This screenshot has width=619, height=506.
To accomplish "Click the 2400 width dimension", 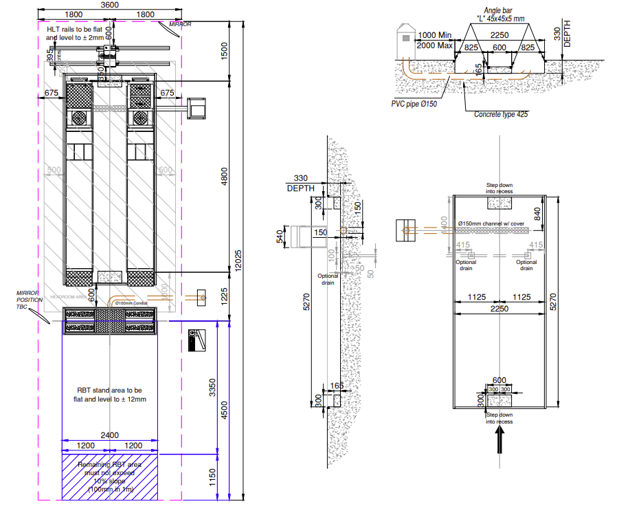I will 110,434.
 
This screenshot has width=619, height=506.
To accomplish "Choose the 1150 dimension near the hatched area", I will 213,474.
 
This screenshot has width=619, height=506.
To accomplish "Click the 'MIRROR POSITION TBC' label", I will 28,300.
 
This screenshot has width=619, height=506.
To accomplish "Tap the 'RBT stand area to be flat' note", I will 111,394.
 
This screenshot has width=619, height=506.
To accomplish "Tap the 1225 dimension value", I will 223,296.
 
